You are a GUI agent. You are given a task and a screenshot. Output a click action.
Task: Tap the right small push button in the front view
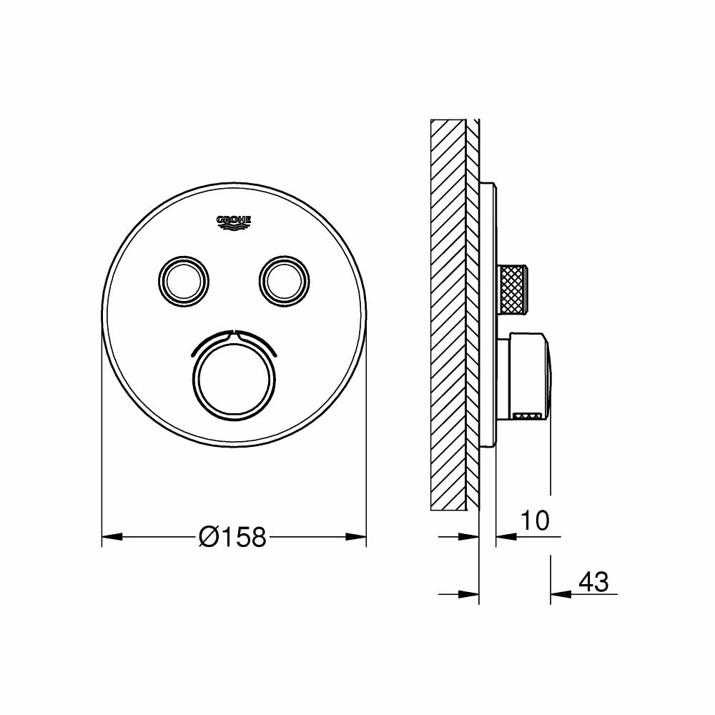coord(284,279)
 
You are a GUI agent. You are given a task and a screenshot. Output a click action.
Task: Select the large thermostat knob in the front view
coord(234,375)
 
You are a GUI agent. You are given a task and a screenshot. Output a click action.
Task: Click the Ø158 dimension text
coord(233,536)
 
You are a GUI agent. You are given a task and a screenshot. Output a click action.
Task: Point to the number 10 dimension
coord(535,521)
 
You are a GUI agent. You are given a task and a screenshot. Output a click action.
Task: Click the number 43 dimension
coord(593,581)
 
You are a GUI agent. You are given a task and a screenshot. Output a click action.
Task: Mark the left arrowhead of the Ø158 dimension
coord(112,536)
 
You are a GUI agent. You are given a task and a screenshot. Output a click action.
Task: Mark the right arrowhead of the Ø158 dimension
coord(356,536)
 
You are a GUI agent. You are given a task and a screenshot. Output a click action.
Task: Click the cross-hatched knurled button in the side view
coord(513,289)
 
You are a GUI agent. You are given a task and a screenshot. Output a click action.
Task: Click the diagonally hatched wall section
coord(448,315)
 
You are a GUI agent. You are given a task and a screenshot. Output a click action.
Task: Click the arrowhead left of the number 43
coord(561,593)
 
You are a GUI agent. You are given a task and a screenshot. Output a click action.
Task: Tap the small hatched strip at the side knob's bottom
coord(528,414)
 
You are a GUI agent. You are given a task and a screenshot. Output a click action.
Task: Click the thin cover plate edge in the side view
coord(488,315)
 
